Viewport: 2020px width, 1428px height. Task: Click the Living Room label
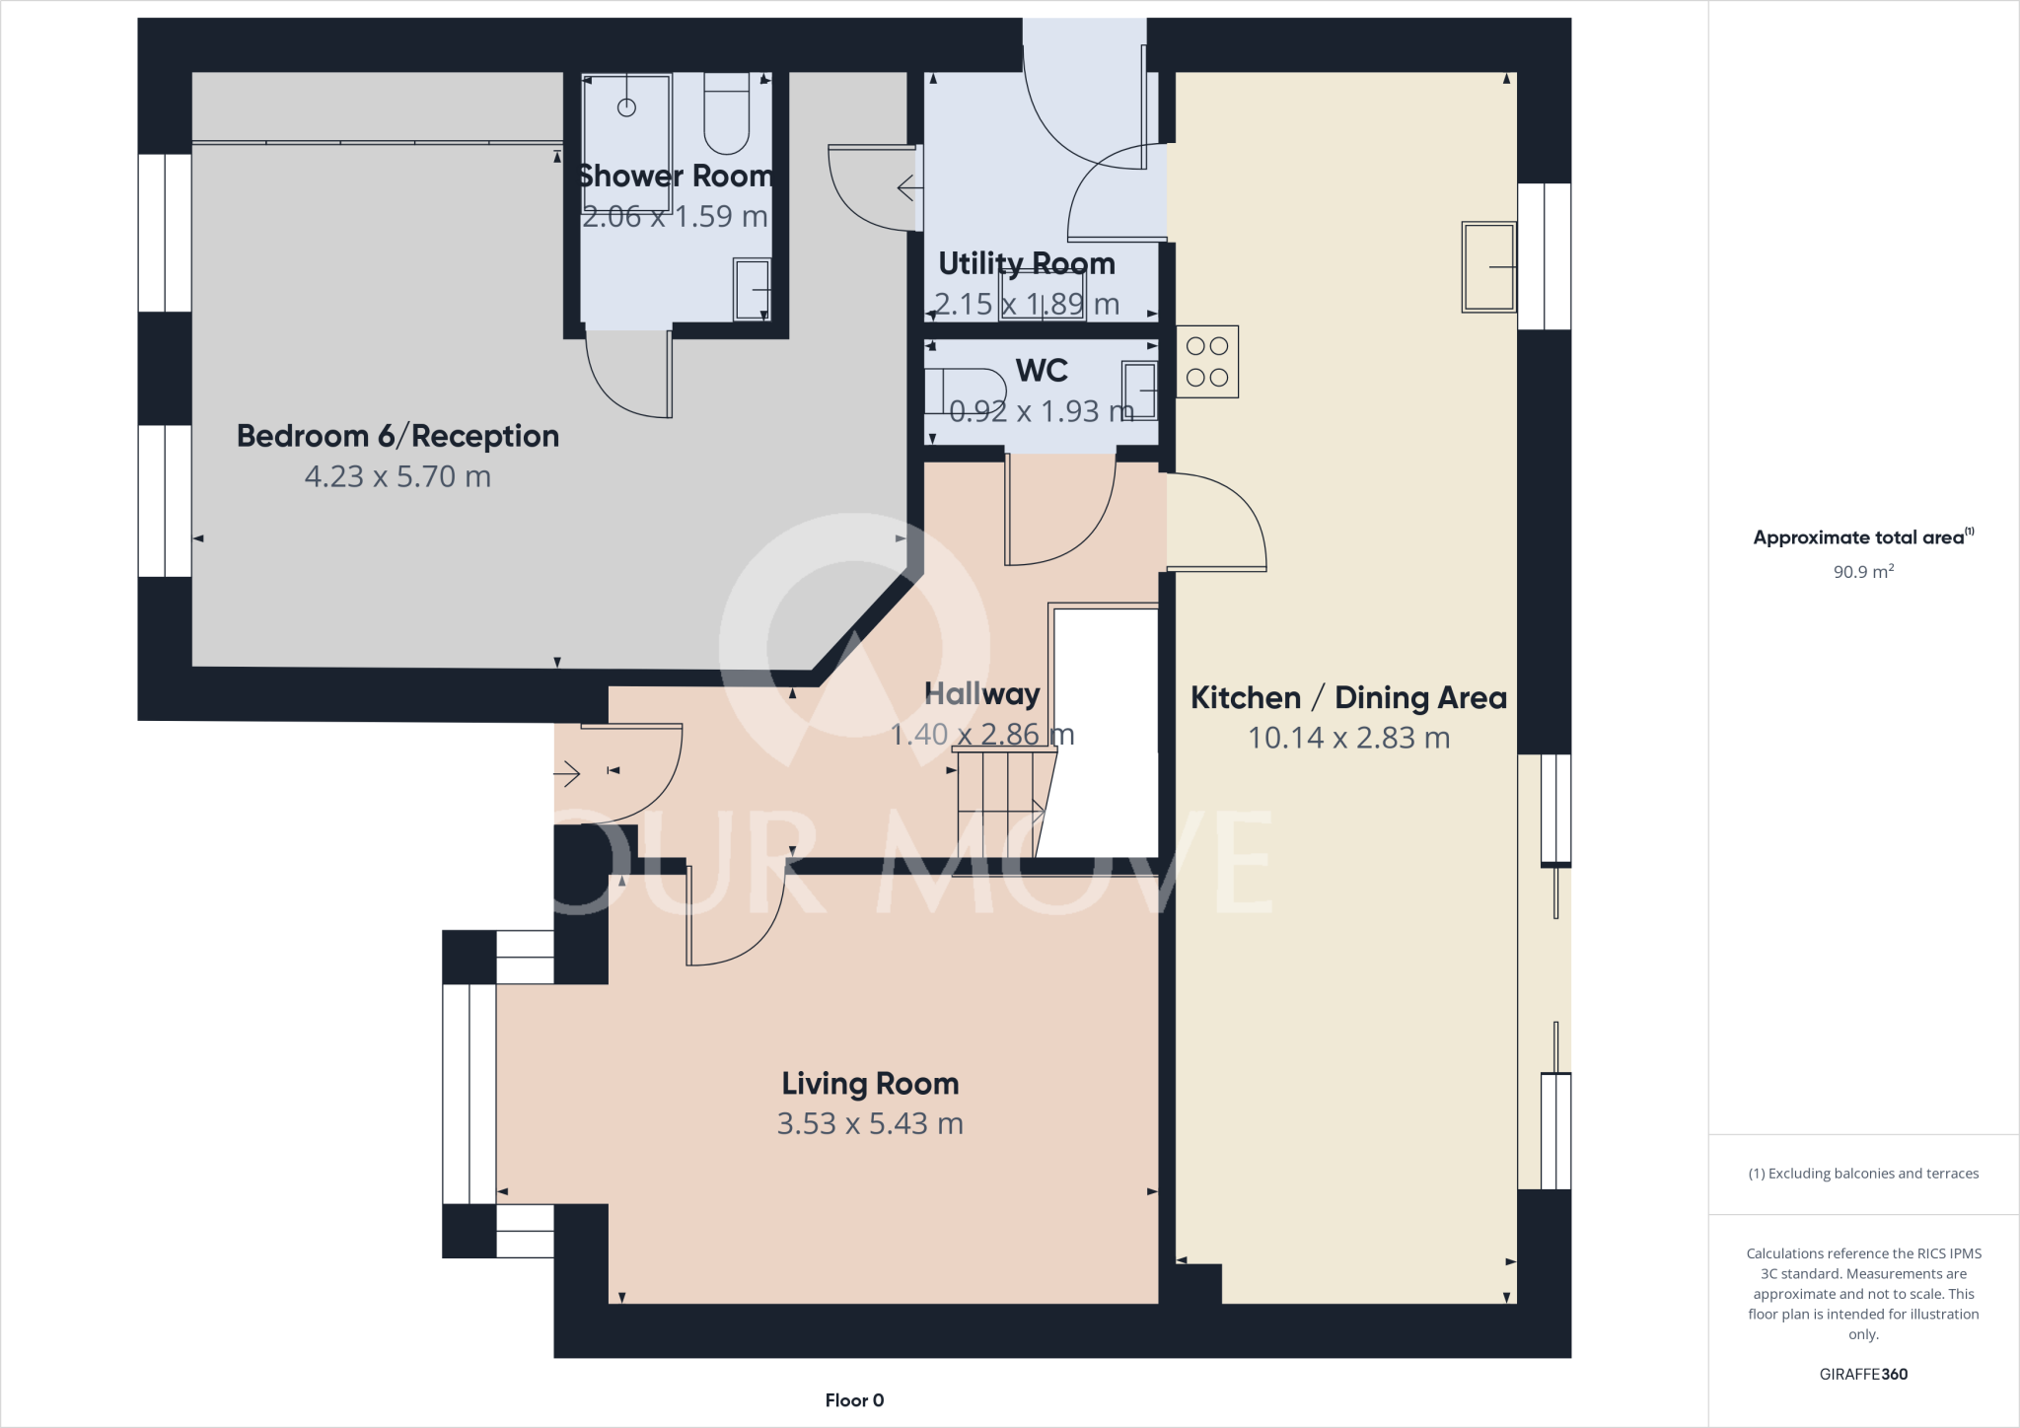pyautogui.click(x=870, y=1084)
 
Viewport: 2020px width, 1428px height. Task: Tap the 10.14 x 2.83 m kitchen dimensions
pyautogui.click(x=1348, y=738)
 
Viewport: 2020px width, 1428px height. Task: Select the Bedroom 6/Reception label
pyautogui.click(x=397, y=436)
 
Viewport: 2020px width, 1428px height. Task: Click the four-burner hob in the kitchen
pyautogui.click(x=1207, y=362)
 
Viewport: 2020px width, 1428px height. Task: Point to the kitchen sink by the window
pyautogui.click(x=1488, y=267)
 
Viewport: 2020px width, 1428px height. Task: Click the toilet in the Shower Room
pyautogui.click(x=727, y=116)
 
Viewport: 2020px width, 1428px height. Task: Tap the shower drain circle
pyautogui.click(x=626, y=107)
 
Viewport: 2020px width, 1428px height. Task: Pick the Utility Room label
pyautogui.click(x=1026, y=263)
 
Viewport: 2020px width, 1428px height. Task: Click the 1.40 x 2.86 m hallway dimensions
pyautogui.click(x=981, y=735)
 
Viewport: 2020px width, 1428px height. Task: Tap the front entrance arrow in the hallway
pyautogui.click(x=567, y=775)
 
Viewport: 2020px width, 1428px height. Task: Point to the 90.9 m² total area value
pyautogui.click(x=1862, y=572)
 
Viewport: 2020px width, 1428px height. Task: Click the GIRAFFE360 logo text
pyautogui.click(x=1862, y=1374)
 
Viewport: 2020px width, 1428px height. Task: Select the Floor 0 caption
pyautogui.click(x=854, y=1400)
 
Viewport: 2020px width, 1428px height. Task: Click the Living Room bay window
pyautogui.click(x=469, y=1094)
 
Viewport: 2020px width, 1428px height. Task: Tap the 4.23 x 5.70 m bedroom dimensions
pyautogui.click(x=397, y=477)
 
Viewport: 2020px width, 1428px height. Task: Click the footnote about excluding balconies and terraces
pyautogui.click(x=1862, y=1174)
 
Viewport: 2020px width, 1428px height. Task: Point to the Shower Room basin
pyautogui.click(x=752, y=290)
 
